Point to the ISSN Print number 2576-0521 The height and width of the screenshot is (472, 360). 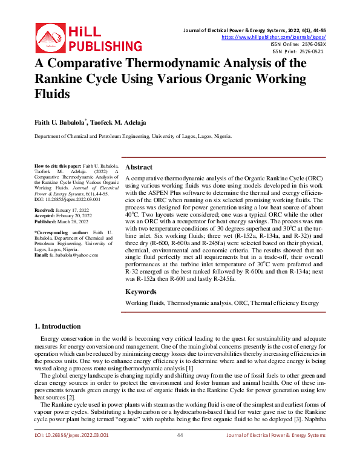pyautogui.click(x=311, y=51)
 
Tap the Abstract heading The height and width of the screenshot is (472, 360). pyautogui.click(x=139, y=167)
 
